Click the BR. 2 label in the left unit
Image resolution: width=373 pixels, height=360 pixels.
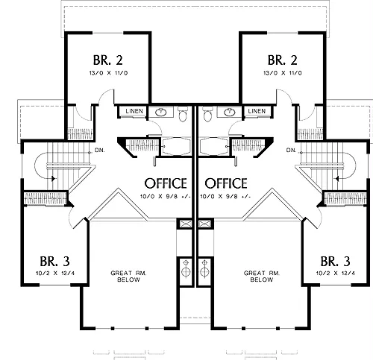[x=108, y=60]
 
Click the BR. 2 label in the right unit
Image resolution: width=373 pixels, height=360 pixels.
[x=283, y=60]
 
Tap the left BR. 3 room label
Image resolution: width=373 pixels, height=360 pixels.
[x=55, y=262]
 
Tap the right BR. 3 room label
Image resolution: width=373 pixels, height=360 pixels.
[x=336, y=262]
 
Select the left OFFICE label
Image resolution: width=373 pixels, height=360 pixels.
[x=166, y=183]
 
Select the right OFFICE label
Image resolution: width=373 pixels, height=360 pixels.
[x=226, y=183]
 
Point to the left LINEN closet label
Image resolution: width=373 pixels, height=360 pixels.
[x=134, y=111]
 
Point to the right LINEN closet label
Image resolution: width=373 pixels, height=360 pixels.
[x=257, y=111]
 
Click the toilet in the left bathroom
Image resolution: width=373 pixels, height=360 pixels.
[x=183, y=114]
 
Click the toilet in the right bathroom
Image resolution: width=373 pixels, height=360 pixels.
[x=207, y=114]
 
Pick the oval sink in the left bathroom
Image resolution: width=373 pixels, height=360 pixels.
[x=161, y=112]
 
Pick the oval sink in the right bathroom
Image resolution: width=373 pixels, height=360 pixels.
[x=229, y=112]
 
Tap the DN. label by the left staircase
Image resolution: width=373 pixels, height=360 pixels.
[x=100, y=151]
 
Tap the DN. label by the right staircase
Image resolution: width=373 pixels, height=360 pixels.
[x=291, y=151]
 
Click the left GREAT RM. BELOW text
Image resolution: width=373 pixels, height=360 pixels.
[x=128, y=277]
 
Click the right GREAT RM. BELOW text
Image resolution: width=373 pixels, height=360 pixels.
[x=262, y=277]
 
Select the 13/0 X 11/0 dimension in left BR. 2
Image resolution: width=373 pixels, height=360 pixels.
[x=108, y=73]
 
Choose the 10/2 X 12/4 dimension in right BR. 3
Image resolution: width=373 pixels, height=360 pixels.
[x=336, y=274]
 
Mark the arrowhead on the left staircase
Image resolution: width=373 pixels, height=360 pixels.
[x=53, y=178]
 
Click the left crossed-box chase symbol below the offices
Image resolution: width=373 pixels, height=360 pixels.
[x=184, y=224]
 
